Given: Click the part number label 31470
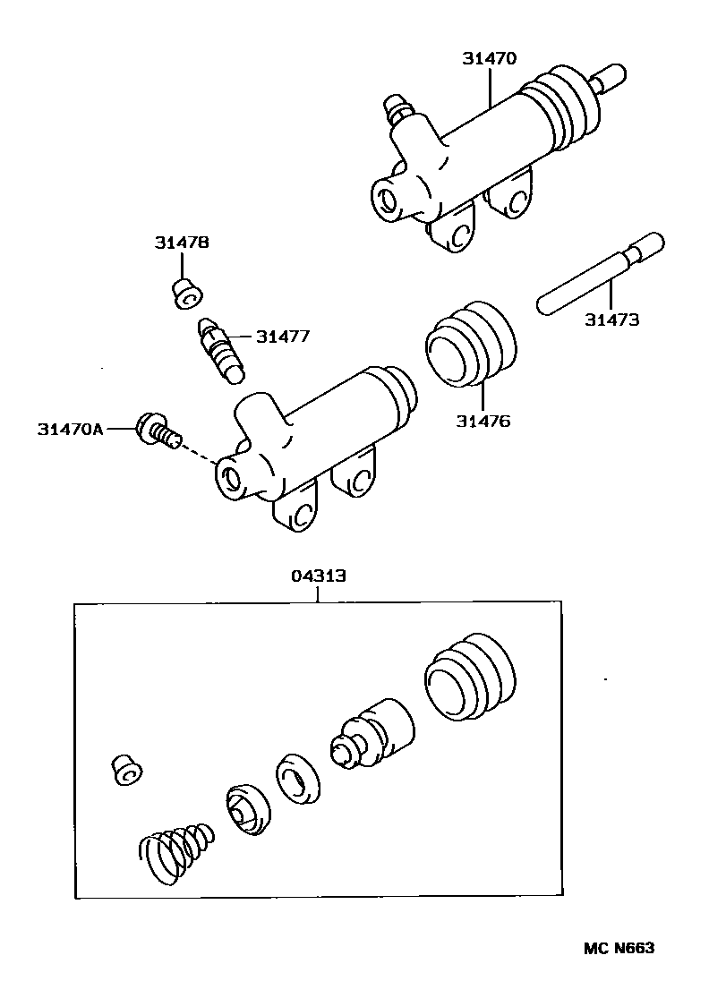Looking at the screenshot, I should (490, 59).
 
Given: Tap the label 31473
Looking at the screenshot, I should (612, 319).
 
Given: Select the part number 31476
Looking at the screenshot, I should (483, 420).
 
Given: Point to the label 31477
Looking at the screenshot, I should (283, 337).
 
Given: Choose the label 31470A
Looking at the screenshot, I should (71, 429).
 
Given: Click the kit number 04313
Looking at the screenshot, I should (318, 577).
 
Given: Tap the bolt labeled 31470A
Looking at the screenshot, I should (157, 430).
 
